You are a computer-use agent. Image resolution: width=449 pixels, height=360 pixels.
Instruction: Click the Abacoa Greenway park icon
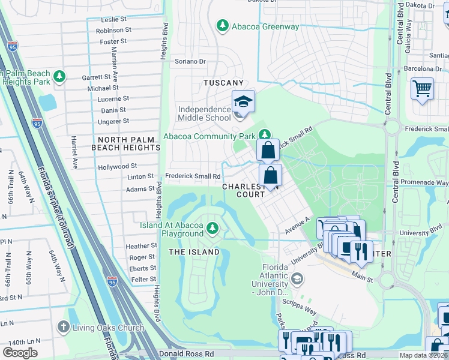pyautogui.click(x=223, y=26)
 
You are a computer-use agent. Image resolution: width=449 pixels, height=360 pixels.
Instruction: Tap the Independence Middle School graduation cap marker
pyautogui.click(x=243, y=101)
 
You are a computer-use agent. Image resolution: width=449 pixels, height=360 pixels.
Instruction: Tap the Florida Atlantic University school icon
pyautogui.click(x=297, y=279)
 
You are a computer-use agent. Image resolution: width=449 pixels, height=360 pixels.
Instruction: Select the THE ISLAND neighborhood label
pyautogui.click(x=194, y=252)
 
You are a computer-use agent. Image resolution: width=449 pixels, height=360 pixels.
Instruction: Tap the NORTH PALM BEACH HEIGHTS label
pyautogui.click(x=125, y=143)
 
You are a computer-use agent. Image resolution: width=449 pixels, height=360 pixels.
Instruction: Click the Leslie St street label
pyautogui.click(x=116, y=19)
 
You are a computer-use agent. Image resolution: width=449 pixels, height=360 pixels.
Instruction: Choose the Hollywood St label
pyautogui.click(x=118, y=166)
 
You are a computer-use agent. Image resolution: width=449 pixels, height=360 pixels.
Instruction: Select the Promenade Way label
pyautogui.click(x=426, y=183)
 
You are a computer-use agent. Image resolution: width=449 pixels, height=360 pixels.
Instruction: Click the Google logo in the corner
pyautogui.click(x=20, y=352)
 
